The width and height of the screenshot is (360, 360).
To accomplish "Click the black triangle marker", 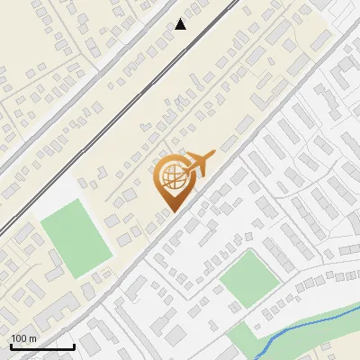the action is [181, 24].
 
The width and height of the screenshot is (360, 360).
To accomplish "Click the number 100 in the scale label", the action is [18, 337].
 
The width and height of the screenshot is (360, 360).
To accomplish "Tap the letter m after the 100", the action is [32, 337].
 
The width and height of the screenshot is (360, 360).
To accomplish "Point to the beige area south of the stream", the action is [346, 351].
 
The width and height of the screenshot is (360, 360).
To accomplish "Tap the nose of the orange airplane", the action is [214, 154].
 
